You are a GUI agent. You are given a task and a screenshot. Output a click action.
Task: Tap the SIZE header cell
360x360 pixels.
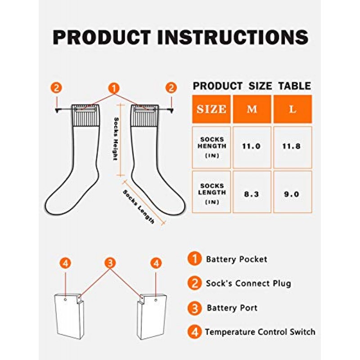click(x=211, y=109)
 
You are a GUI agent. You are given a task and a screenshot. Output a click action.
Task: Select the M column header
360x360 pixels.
click(x=252, y=109)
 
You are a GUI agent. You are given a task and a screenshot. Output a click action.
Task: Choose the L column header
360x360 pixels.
click(x=292, y=109)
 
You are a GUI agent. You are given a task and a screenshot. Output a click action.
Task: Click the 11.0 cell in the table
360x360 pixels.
click(x=252, y=147)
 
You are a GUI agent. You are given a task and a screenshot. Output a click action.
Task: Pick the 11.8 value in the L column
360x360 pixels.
click(x=291, y=147)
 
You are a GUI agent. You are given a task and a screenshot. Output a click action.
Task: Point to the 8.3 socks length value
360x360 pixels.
click(x=252, y=194)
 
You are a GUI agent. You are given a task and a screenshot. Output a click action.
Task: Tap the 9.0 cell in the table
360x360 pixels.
click(x=292, y=194)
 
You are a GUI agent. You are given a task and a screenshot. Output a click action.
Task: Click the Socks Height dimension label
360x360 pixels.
click(x=116, y=139)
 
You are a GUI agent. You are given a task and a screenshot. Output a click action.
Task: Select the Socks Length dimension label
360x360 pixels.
click(x=139, y=207)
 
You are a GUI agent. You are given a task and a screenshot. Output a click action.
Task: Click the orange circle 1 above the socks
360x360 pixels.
click(x=114, y=88)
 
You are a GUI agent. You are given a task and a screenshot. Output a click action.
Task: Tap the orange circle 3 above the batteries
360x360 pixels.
click(x=110, y=263)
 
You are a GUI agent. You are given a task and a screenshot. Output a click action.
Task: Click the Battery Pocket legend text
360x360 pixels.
click(x=237, y=260)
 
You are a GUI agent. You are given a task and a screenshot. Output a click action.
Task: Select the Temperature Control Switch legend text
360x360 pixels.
click(x=260, y=332)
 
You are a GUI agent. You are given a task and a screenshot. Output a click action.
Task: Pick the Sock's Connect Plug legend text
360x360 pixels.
click(x=248, y=283)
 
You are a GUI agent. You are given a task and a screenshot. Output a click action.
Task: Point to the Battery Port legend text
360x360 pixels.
click(x=232, y=308)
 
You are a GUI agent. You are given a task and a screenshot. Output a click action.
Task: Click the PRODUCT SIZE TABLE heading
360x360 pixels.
click(x=252, y=86)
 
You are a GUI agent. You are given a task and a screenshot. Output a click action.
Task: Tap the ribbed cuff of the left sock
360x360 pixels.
click(x=85, y=115)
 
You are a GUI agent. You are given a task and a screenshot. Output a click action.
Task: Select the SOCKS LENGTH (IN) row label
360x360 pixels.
click(x=211, y=194)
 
